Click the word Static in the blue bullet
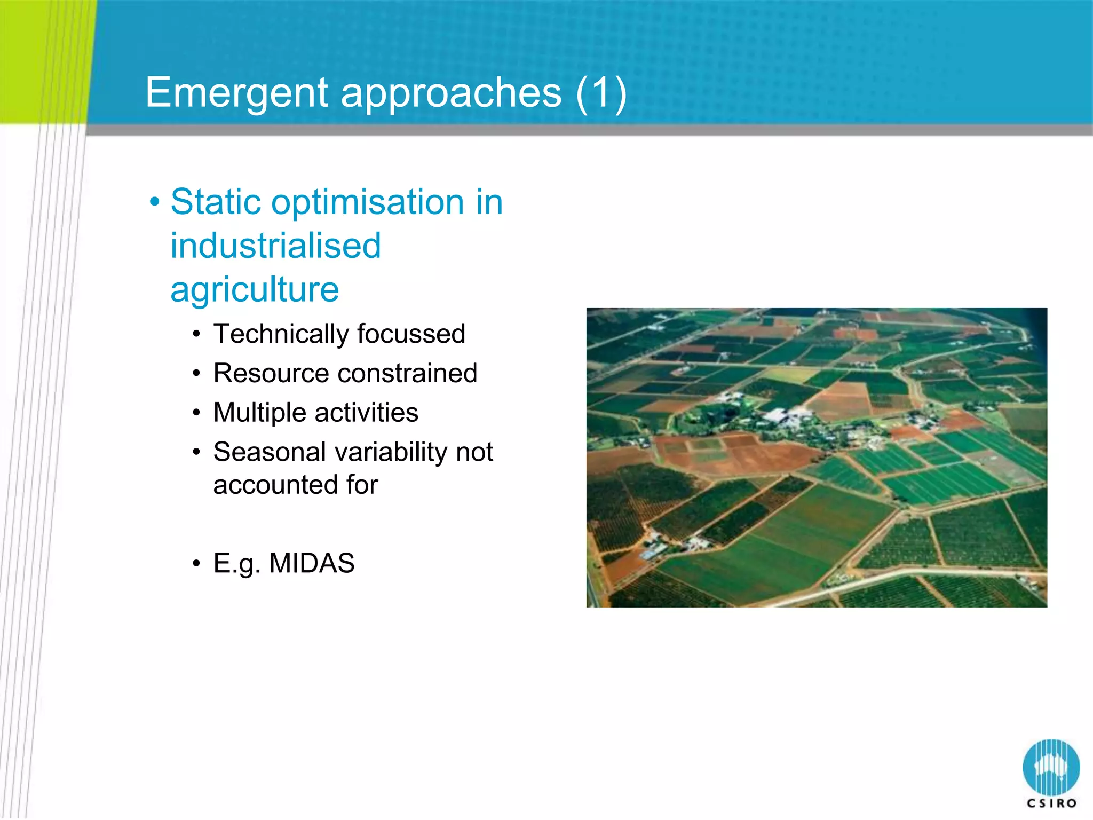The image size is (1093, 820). pos(216,202)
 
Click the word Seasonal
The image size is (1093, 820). pos(270,452)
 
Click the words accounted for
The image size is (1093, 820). pos(295,485)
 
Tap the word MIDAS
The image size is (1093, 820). pos(312,563)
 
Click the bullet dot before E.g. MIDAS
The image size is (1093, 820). pos(197,564)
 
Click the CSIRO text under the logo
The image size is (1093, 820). pos(1051,803)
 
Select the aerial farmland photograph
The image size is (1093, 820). pos(817,458)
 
